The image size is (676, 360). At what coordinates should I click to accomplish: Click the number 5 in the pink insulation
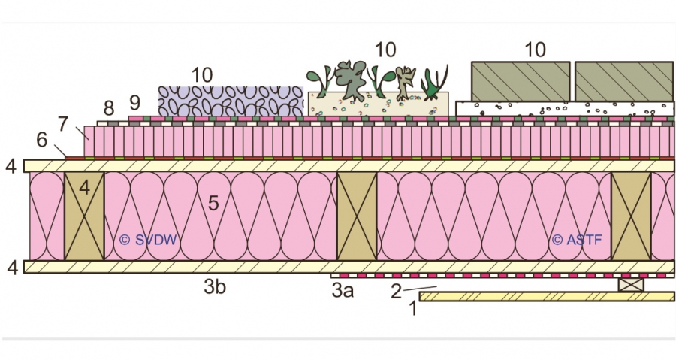213,202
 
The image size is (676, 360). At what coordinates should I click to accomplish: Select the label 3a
343,290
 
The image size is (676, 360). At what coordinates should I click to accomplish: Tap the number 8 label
110,107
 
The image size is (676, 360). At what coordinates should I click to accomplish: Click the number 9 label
135,101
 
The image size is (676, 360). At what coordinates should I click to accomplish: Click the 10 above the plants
385,50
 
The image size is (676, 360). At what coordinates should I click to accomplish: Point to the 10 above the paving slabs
535,50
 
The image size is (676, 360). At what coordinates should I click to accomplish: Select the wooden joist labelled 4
83,216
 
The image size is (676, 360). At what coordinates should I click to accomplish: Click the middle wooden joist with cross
356,216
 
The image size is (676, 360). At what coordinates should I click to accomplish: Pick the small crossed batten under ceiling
630,285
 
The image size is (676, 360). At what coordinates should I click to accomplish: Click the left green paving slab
521,81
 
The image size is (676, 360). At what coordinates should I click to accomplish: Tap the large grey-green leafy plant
352,80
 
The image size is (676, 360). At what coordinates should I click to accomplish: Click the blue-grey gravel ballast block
230,101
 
